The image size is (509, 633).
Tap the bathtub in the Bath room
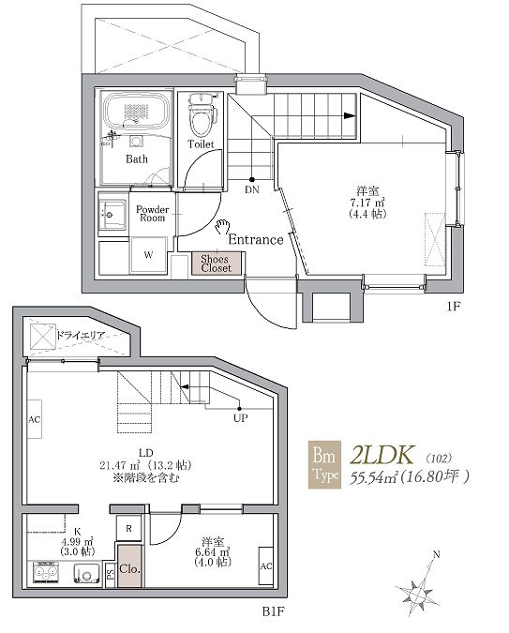pos(137,111)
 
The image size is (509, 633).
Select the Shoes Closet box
pos(217,264)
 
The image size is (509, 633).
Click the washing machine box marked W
pos(148,255)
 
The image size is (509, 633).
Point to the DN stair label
pos(252,189)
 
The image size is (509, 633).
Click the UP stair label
pos(240,418)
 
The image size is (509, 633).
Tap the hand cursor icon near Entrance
pos(222,227)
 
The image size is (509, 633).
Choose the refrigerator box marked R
pos(128,529)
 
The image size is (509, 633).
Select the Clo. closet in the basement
pos(129,566)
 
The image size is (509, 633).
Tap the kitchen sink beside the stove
pos(86,573)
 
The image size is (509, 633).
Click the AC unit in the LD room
pos(35,419)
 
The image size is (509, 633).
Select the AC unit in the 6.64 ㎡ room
pos(266,566)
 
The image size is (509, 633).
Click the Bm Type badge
pos(324,464)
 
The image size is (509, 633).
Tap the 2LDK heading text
pos(382,455)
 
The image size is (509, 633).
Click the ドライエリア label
pos(81,335)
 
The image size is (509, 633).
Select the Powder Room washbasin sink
pos(113,215)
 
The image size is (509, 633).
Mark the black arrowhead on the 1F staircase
pos(350,116)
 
